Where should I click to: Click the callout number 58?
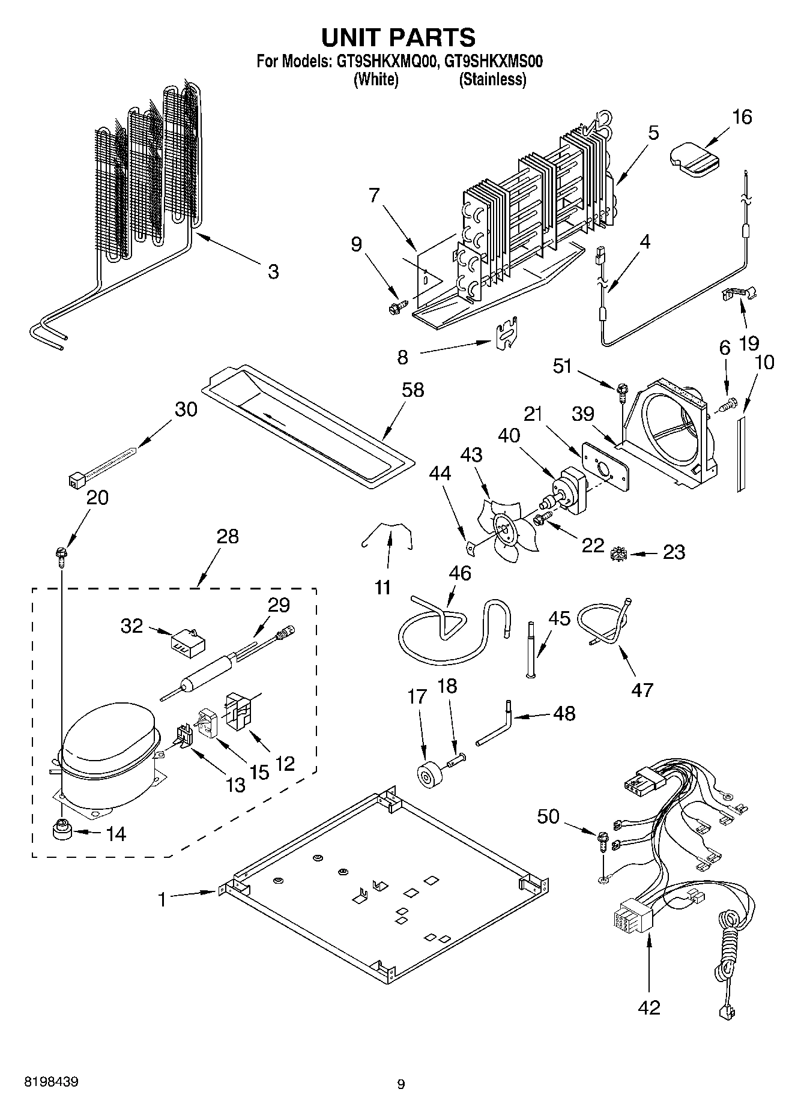413,390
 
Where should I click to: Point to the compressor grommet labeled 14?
60,831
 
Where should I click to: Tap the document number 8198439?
51,1082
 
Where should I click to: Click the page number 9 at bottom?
401,1084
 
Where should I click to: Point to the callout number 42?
649,1007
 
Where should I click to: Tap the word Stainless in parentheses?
492,80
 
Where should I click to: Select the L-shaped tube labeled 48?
496,727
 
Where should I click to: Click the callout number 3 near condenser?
273,272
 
